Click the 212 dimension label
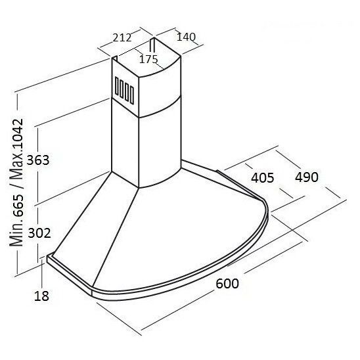point(122,37)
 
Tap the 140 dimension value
point(186,37)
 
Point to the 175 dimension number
point(148,59)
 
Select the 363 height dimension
point(38,160)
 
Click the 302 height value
point(39,233)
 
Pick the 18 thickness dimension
point(41,296)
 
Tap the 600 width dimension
point(227,283)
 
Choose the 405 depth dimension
point(262,177)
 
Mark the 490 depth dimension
point(307,177)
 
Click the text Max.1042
point(16,150)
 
